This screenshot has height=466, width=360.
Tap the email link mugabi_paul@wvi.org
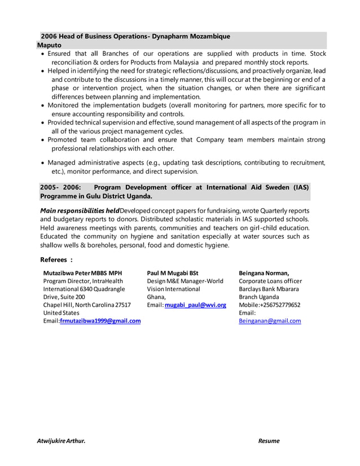[x=195, y=305]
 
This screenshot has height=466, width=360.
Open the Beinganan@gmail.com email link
[x=270, y=321]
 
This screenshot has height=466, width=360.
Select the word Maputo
[x=50, y=44]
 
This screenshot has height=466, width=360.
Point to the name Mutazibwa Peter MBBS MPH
[x=82, y=273]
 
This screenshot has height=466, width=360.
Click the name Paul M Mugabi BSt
[x=173, y=273]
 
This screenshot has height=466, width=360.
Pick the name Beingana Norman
[x=264, y=273]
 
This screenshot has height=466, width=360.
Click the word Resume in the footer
[x=269, y=441]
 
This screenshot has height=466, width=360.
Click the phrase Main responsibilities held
[x=80, y=211]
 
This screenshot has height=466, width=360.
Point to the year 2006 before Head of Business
[x=50, y=36]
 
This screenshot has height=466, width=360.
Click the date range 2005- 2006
[x=60, y=187]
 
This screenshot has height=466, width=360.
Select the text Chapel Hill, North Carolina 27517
[x=87, y=305]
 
